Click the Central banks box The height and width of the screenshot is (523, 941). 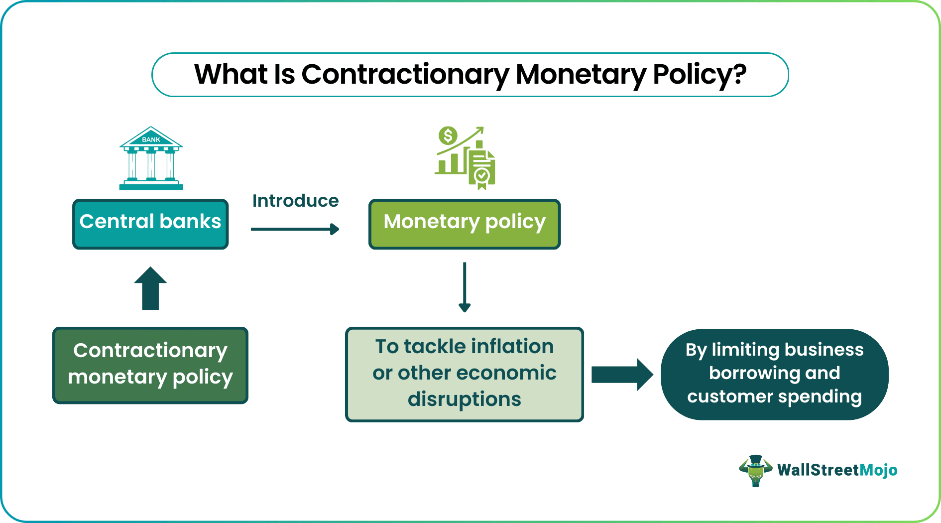tap(150, 224)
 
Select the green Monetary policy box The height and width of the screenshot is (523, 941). tap(464, 224)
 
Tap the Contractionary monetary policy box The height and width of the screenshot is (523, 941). tap(150, 365)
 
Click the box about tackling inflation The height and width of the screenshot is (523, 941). tap(464, 374)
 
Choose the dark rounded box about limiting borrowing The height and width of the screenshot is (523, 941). tap(774, 374)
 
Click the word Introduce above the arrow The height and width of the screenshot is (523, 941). tap(295, 201)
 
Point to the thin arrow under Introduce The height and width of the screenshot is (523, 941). tap(295, 229)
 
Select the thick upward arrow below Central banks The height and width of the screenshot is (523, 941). tap(150, 289)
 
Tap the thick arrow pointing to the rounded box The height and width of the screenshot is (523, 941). tap(621, 375)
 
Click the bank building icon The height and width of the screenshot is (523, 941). tap(151, 159)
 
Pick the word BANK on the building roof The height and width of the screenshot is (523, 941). tap(151, 139)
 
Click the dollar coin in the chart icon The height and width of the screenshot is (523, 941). tap(448, 135)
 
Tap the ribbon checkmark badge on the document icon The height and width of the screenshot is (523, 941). tap(481, 177)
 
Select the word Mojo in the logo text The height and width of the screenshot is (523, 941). tap(878, 470)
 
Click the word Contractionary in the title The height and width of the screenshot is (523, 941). tap(405, 75)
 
